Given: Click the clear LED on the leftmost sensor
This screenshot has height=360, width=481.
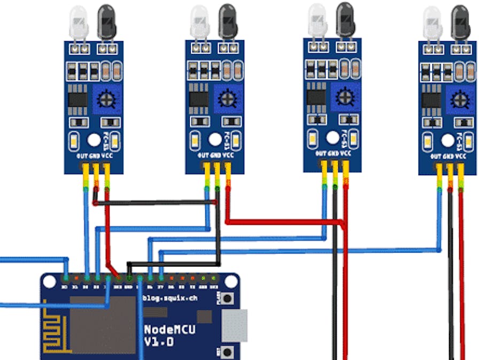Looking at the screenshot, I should click(78, 23).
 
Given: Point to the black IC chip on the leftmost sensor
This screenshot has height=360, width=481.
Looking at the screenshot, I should click(78, 98).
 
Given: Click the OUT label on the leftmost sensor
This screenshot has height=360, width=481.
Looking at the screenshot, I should click(82, 156).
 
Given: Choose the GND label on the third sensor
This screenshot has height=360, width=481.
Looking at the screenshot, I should click(333, 153).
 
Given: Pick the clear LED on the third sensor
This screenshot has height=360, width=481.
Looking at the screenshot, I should click(317, 20).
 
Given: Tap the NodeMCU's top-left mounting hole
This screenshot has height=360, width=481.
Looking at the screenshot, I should click(50, 280).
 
